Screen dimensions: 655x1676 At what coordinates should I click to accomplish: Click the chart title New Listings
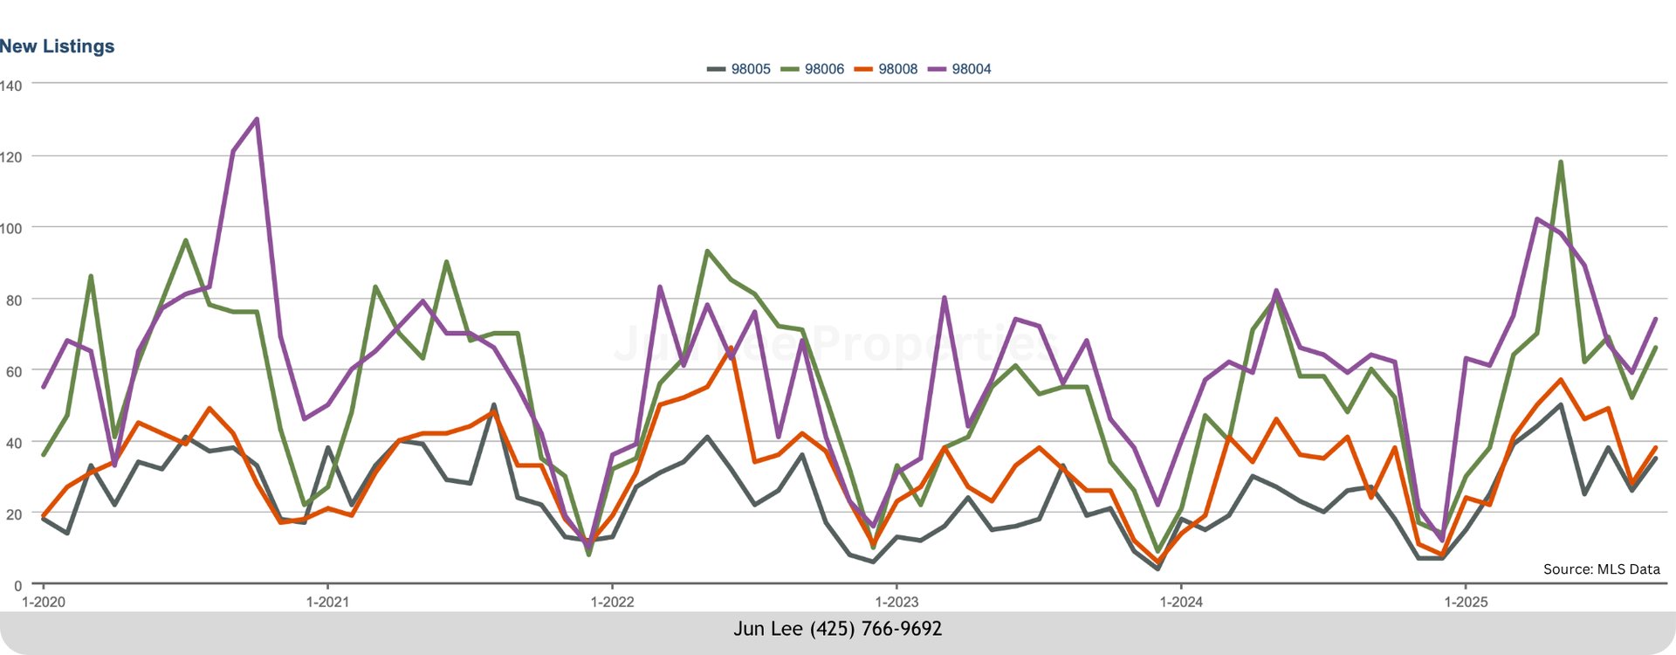click(58, 46)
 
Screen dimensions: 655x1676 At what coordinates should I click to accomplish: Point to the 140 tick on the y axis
click(11, 86)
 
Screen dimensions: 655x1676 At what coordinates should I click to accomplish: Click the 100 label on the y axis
click(11, 228)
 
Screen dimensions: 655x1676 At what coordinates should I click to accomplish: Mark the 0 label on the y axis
click(17, 586)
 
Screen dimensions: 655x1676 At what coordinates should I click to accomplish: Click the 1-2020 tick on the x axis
click(43, 602)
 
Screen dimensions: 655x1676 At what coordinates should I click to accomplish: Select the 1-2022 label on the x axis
click(612, 602)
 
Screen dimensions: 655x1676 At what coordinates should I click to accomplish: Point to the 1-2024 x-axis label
click(1181, 602)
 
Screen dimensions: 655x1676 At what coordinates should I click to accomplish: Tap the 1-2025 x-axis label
click(1466, 602)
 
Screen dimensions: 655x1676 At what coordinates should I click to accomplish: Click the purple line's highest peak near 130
click(256, 119)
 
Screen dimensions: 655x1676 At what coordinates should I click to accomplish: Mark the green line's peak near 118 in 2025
click(1560, 162)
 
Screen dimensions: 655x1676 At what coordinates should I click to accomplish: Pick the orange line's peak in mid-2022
click(731, 348)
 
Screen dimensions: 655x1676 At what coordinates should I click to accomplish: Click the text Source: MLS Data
click(1601, 569)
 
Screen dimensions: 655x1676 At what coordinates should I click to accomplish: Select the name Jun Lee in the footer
click(768, 629)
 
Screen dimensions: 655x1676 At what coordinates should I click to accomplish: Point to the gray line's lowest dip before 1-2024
click(1157, 569)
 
